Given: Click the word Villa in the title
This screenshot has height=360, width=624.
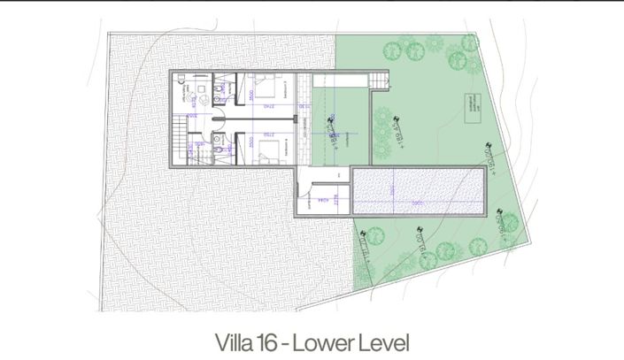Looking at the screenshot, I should coord(237,341).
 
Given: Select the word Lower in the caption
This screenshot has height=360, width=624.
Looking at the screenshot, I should coord(329,341).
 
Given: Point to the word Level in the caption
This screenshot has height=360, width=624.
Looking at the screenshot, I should coord(385,341).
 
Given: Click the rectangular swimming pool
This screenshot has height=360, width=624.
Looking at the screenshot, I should coord(418,189).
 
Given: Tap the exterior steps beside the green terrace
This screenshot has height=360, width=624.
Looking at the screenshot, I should coord(379,81).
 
